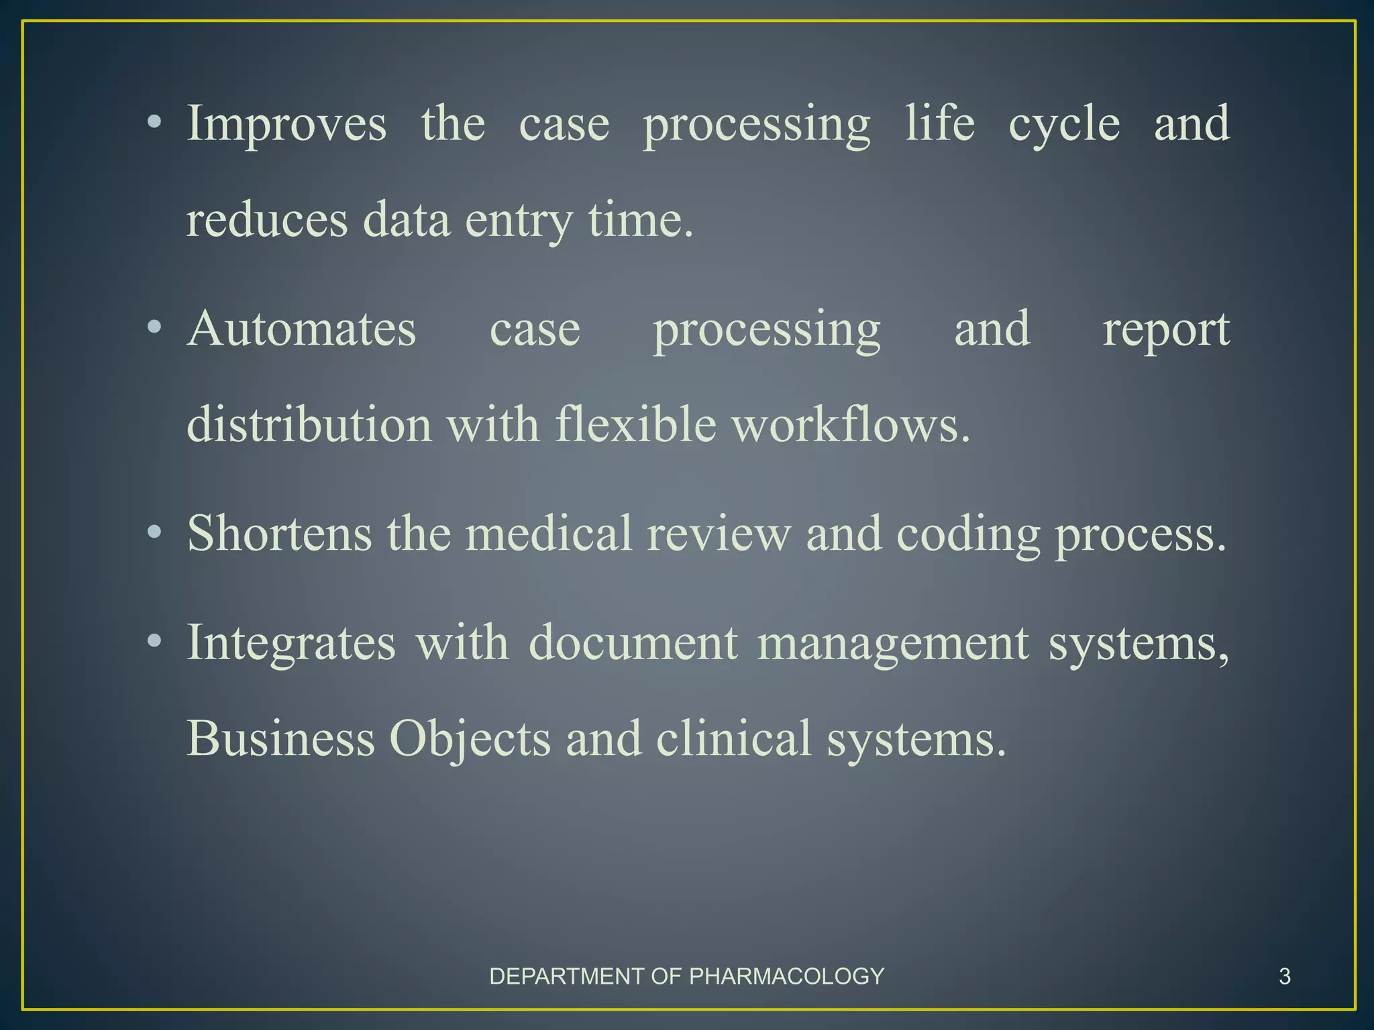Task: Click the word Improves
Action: (286, 125)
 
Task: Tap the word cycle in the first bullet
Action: (1064, 125)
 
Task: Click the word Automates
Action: (302, 329)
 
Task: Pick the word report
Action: (1166, 331)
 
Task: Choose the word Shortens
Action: (279, 534)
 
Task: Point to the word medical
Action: (549, 534)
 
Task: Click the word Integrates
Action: (291, 643)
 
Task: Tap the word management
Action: (893, 643)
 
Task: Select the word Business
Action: (280, 738)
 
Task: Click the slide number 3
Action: (1285, 976)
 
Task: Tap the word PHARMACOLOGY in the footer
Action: (786, 976)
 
